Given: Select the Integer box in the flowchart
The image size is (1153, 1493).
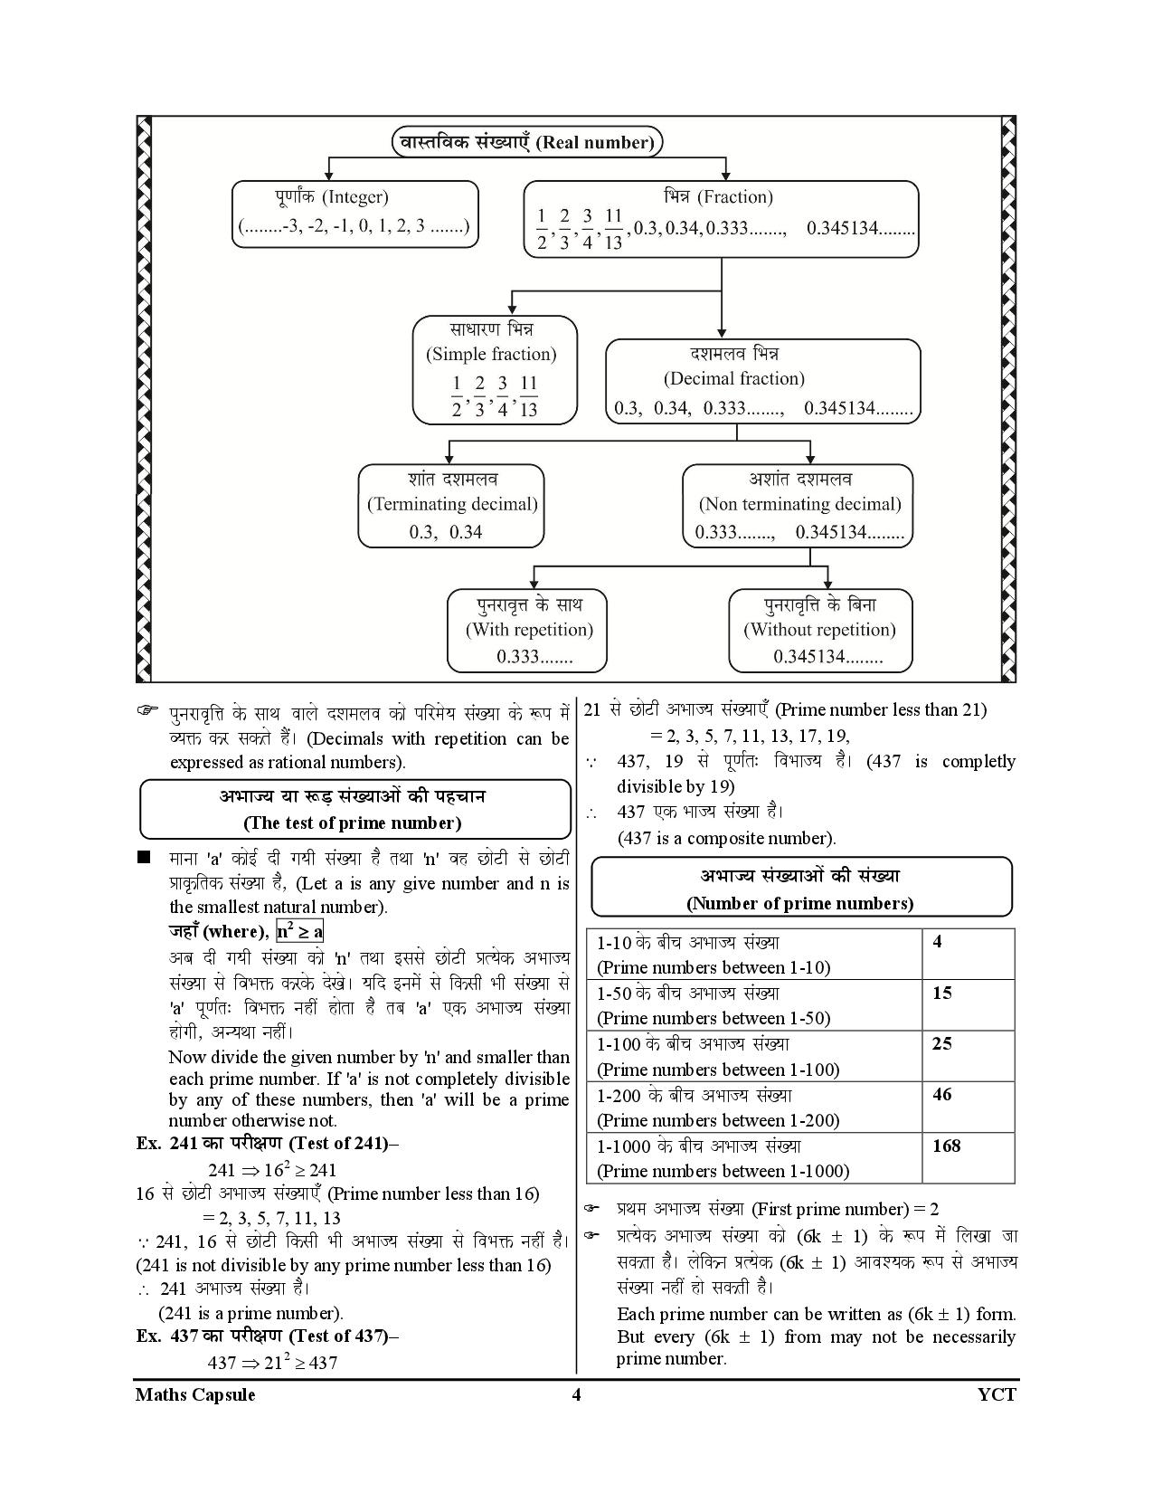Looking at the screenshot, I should (354, 214).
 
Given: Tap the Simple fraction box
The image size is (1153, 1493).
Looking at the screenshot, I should (495, 369).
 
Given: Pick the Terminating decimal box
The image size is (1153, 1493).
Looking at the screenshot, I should (451, 506).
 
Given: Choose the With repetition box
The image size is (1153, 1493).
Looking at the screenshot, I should (528, 631).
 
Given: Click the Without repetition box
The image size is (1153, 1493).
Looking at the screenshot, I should (819, 631).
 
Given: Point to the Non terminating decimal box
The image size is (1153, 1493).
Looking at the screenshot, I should (798, 506).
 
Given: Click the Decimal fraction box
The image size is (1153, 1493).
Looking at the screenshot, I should (762, 380).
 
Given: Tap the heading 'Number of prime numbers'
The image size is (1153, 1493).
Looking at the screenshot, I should (800, 889).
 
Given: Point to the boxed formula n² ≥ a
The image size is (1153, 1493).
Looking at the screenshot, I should (300, 931).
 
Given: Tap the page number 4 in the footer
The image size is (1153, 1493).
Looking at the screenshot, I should (576, 1394).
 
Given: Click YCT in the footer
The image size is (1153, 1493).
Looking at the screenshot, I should (997, 1394).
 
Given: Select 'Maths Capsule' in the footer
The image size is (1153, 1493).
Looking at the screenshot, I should (195, 1394).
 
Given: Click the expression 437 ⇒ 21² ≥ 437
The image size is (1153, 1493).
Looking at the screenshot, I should (272, 1362).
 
